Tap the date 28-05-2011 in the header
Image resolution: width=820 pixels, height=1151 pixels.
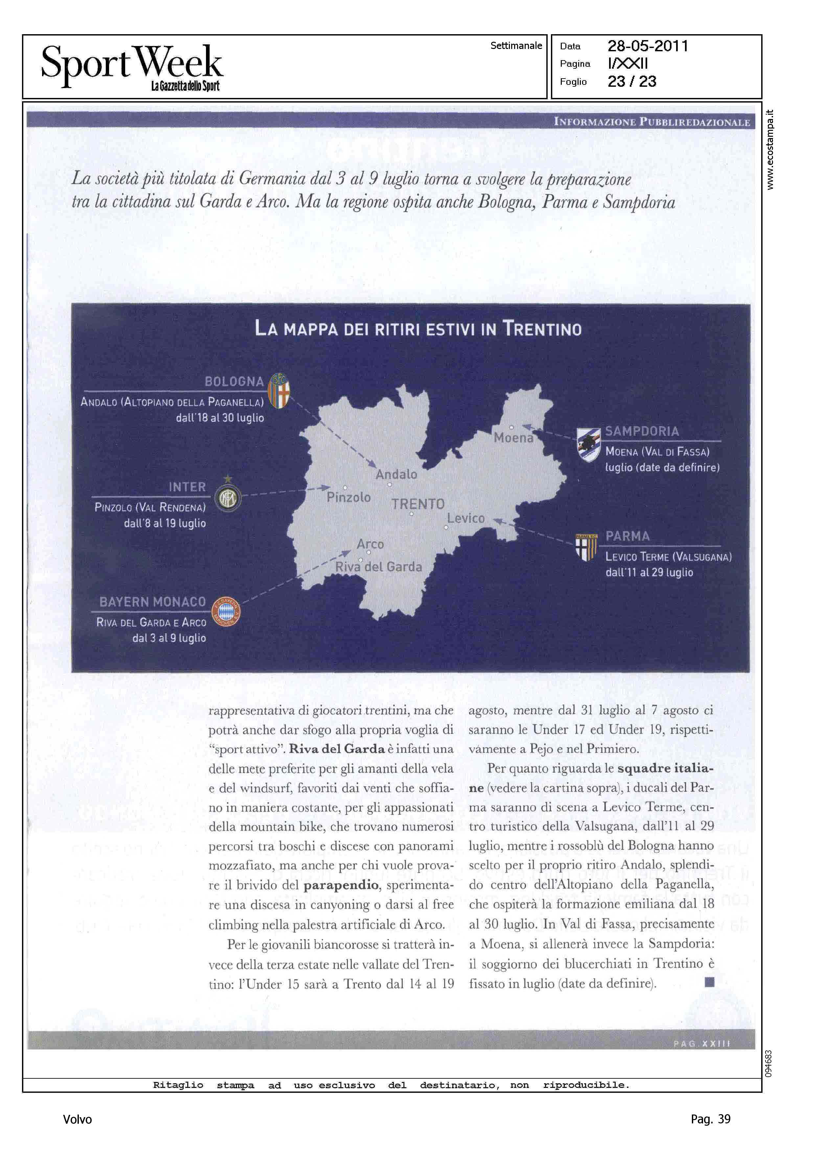tap(648, 46)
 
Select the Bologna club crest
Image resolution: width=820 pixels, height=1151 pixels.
tap(279, 390)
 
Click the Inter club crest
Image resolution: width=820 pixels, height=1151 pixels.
tap(228, 498)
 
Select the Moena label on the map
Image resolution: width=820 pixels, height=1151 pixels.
tap(513, 437)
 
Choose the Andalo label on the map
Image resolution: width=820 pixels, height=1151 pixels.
tap(397, 474)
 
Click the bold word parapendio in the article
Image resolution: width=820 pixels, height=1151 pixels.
tap(341, 884)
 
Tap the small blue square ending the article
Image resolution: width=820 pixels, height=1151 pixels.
tap(709, 982)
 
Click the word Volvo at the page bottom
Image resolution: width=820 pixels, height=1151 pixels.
tap(77, 1119)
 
